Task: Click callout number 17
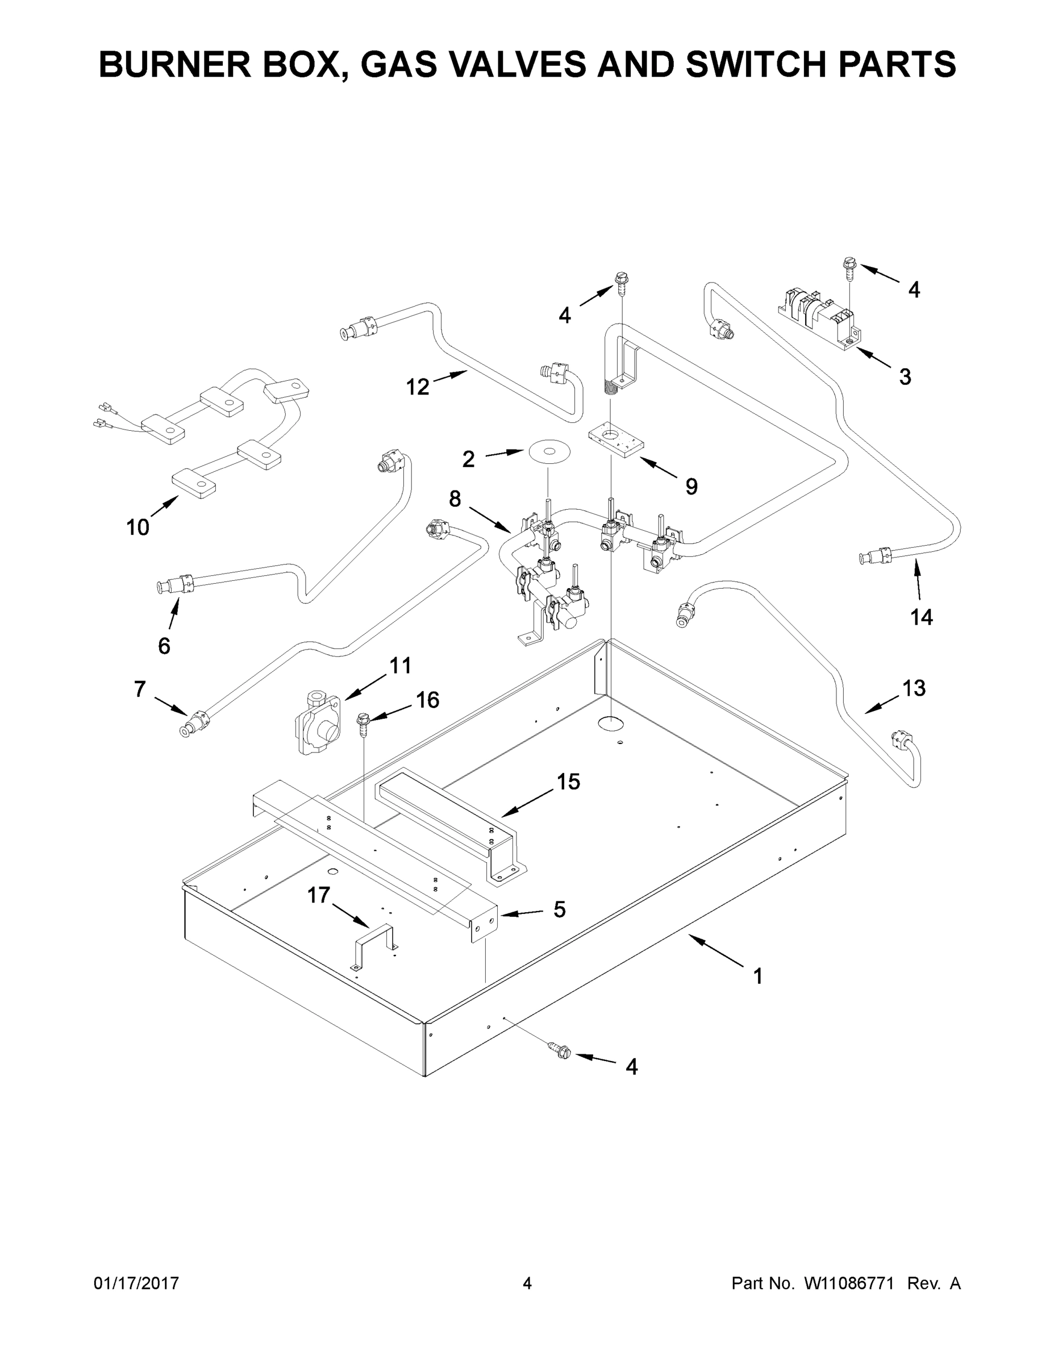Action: pos(318,895)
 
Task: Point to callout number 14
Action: pos(921,617)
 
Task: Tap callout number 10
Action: pos(138,527)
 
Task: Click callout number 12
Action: pos(418,387)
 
